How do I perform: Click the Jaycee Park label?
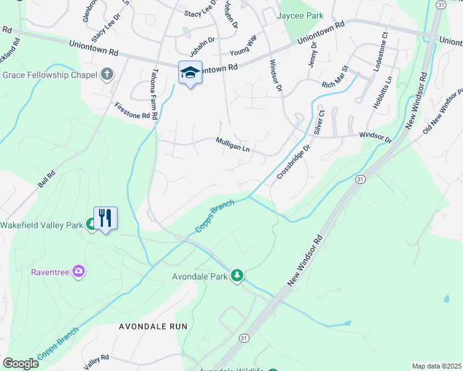(x=301, y=15)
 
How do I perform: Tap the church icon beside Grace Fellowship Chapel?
(x=107, y=75)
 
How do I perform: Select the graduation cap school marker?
(x=190, y=73)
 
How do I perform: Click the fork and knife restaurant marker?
(x=105, y=218)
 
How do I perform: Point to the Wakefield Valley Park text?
(x=41, y=225)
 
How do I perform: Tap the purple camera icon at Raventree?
(x=78, y=271)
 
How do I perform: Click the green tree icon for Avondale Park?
(x=237, y=275)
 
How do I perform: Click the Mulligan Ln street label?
(x=232, y=145)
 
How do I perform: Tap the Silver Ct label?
(x=320, y=122)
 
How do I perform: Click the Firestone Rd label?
(x=132, y=111)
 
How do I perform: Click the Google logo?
(x=20, y=363)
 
